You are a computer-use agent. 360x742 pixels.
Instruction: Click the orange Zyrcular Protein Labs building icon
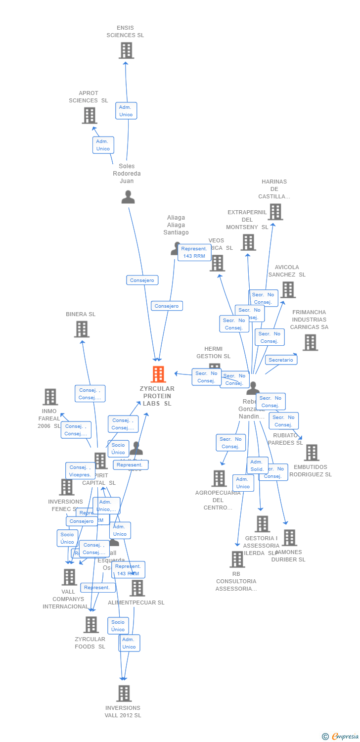tap(158, 374)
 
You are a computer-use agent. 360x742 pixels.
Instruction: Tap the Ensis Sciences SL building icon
tap(126, 50)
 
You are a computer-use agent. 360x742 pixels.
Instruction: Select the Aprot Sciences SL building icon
tap(90, 116)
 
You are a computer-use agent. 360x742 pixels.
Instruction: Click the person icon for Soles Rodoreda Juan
tap(128, 197)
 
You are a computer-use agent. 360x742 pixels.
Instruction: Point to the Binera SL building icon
tap(82, 329)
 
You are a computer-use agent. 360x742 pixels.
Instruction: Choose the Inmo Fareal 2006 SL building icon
tap(50, 397)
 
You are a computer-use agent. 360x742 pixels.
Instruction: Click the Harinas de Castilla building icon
tap(275, 212)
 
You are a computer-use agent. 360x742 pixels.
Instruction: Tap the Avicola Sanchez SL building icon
tap(288, 290)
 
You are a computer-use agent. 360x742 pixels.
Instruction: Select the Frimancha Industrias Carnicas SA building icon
tap(310, 342)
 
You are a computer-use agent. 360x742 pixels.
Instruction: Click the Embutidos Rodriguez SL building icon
tap(312, 453)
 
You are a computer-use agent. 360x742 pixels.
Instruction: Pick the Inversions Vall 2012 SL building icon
tap(124, 694)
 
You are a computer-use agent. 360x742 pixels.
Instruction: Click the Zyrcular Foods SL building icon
tap(91, 625)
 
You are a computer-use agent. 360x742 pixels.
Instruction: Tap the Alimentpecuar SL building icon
tap(137, 588)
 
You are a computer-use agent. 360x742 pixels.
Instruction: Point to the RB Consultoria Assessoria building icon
tap(237, 559)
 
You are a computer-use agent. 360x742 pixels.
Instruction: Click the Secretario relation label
tap(281, 360)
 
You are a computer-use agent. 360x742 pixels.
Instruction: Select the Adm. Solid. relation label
tap(257, 465)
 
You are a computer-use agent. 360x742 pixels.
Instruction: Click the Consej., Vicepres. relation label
tap(80, 471)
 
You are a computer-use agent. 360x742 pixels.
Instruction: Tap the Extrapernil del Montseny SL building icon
tap(248, 242)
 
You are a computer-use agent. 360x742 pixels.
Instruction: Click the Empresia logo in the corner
tap(341, 736)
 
